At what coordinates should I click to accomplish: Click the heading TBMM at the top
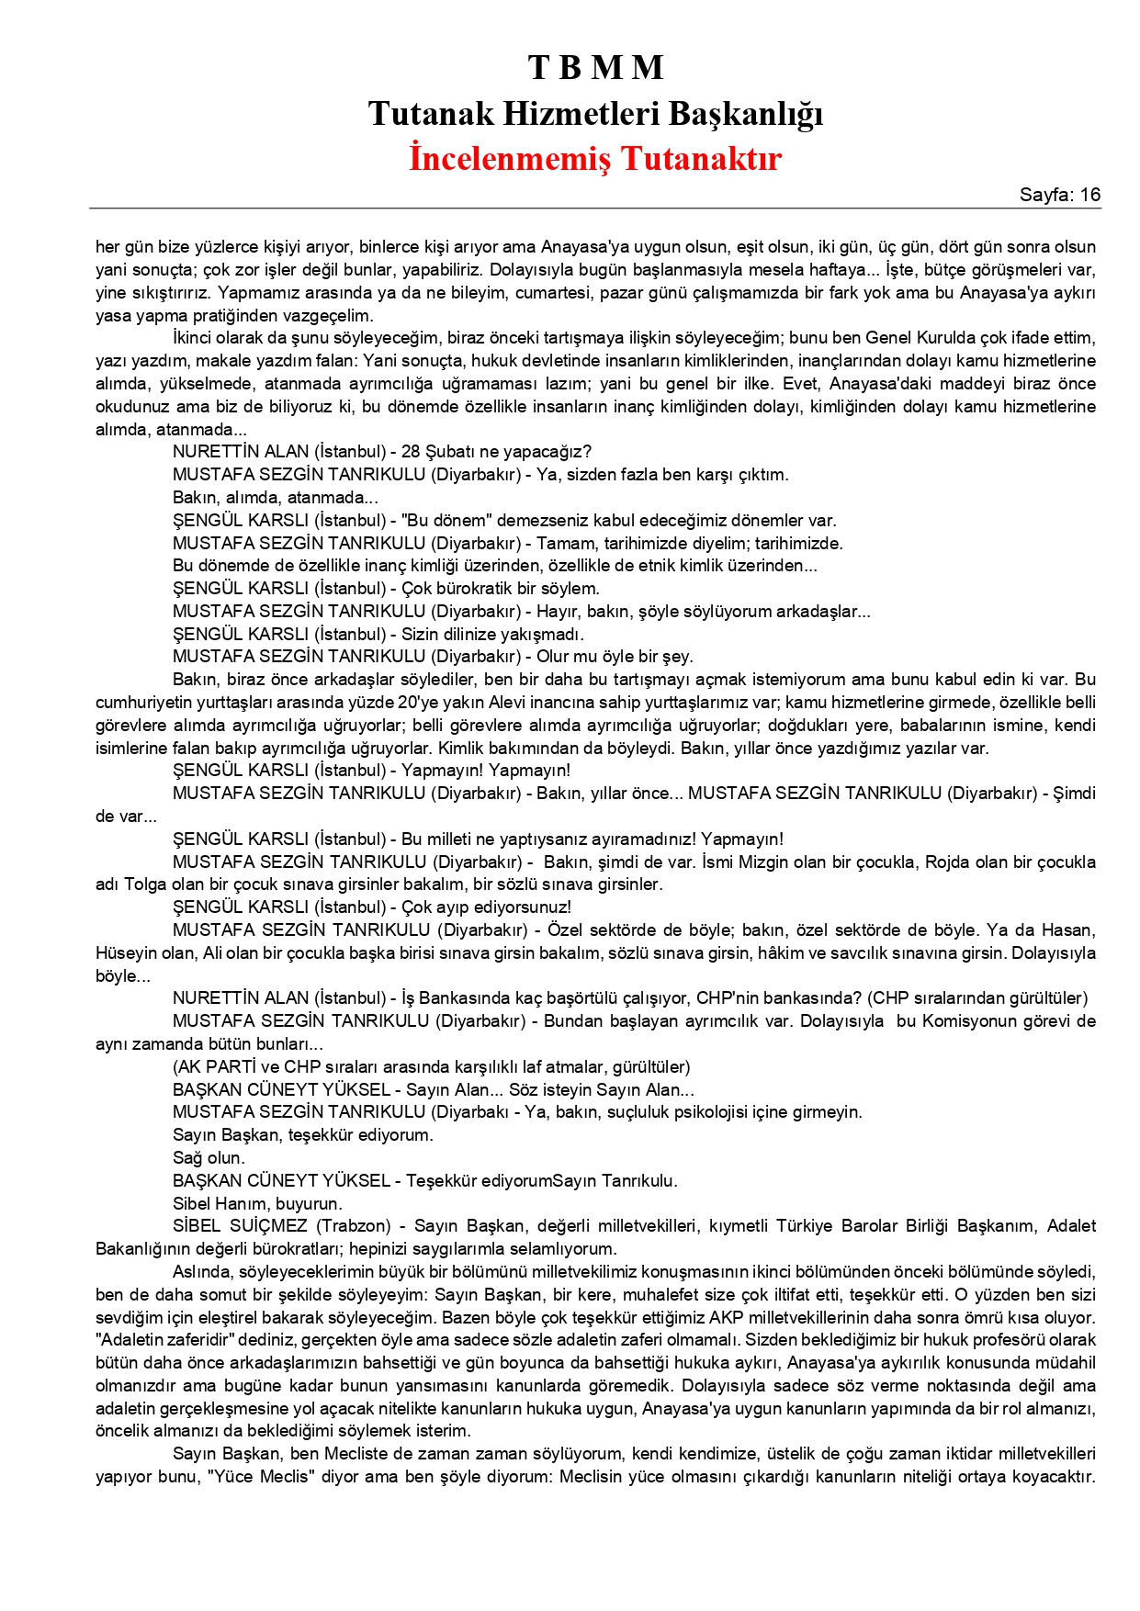[x=595, y=68]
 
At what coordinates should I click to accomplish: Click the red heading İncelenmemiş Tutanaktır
[x=595, y=158]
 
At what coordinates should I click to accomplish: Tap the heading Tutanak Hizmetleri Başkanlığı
[x=595, y=114]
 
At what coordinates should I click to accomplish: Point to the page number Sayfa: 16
[x=1059, y=195]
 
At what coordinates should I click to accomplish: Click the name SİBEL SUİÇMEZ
[x=241, y=1226]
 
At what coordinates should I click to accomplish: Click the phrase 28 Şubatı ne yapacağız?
[x=496, y=452]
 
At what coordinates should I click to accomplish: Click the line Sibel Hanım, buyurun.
[x=257, y=1203]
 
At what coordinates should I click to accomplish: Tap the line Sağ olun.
[x=209, y=1158]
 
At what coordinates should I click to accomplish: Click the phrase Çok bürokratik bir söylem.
[x=500, y=589]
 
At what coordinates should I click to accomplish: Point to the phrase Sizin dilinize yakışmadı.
[x=492, y=635]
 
